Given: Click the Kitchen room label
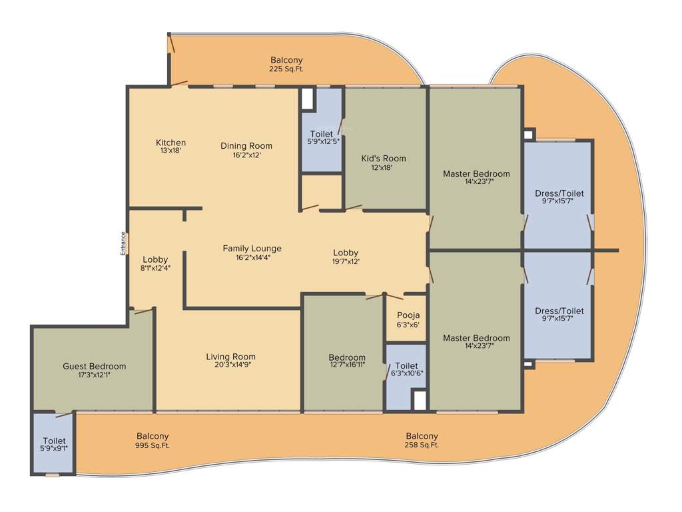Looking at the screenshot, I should tap(170, 143).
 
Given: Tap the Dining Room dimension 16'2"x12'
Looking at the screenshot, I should tap(246, 155).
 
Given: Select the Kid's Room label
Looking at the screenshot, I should tap(384, 158).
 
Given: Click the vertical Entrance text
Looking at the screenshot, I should tap(123, 243).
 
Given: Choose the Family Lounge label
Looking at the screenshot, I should tap(252, 249).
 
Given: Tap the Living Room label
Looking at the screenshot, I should tap(230, 357).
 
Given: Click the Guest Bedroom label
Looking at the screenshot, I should tap(94, 366).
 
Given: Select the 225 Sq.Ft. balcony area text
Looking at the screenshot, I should tap(286, 69).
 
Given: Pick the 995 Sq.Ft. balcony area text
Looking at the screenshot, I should tap(153, 445).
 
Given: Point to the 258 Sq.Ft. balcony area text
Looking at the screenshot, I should tap(422, 445).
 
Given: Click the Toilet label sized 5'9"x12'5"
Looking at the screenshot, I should tap(321, 134).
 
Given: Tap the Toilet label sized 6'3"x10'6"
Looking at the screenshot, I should tap(406, 366).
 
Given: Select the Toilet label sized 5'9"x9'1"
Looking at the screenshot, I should tap(54, 441).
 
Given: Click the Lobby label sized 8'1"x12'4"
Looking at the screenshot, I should tap(155, 259).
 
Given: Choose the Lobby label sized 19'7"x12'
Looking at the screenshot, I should tap(346, 253).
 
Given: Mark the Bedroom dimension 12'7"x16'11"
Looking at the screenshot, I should tap(347, 365).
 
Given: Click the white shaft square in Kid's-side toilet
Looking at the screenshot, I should tap(307, 98).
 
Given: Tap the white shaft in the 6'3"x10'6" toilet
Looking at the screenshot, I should tap(419, 400).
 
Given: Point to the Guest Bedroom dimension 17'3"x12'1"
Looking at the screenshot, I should tap(94, 375).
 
